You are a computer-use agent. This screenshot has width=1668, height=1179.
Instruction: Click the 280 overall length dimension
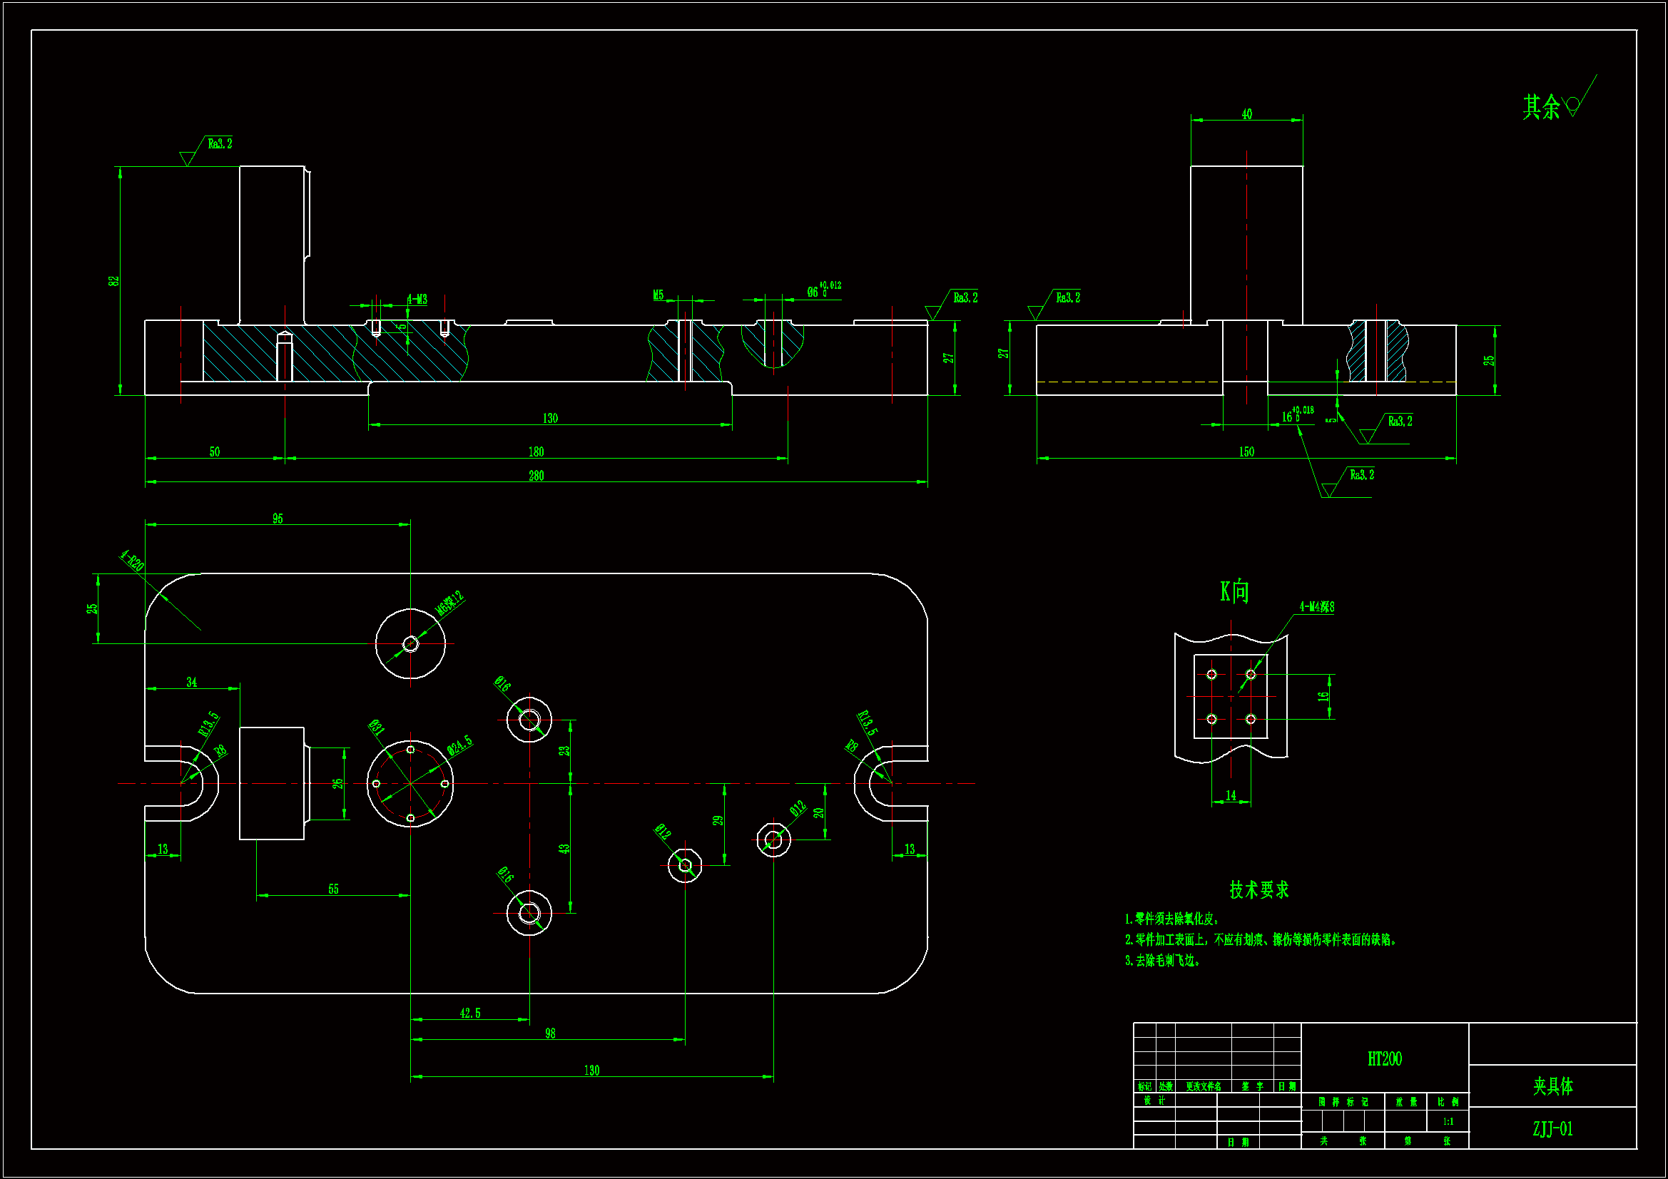pyautogui.click(x=536, y=476)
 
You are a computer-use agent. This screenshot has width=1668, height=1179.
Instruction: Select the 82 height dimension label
pyautogui.click(x=114, y=281)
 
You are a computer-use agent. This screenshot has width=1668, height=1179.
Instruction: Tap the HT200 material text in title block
pyautogui.click(x=1385, y=1059)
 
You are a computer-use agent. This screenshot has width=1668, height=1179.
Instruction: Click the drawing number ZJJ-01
pyautogui.click(x=1552, y=1129)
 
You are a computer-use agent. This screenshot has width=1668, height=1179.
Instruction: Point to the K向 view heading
pyautogui.click(x=1234, y=592)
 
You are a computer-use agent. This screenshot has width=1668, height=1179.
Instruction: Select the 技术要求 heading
pyautogui.click(x=1259, y=890)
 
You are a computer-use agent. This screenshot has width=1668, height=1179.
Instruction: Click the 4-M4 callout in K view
pyautogui.click(x=1316, y=606)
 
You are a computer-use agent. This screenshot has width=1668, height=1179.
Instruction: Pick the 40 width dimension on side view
pyautogui.click(x=1246, y=114)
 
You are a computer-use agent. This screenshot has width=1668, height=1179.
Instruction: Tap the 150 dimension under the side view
pyautogui.click(x=1246, y=451)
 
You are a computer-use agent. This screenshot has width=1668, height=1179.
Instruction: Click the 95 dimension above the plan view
pyautogui.click(x=278, y=519)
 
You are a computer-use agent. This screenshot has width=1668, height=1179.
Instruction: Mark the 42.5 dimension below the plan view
pyautogui.click(x=470, y=1014)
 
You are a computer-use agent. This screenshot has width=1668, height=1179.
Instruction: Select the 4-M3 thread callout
pyautogui.click(x=417, y=300)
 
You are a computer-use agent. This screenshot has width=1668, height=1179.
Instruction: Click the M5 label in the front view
pyautogui.click(x=658, y=295)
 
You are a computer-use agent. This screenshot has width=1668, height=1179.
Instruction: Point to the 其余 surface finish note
pyautogui.click(x=1542, y=107)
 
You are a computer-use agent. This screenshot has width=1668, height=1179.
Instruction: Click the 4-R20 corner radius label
pyautogui.click(x=132, y=561)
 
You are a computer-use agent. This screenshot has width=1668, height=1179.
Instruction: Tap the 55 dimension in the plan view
pyautogui.click(x=333, y=889)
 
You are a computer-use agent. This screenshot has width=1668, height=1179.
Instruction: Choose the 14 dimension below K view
pyautogui.click(x=1231, y=795)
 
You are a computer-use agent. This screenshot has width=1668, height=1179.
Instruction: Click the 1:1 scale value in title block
pyautogui.click(x=1448, y=1122)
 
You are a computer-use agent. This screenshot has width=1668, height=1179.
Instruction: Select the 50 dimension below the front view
pyautogui.click(x=214, y=451)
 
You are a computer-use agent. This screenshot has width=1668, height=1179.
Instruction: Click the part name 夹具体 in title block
pyautogui.click(x=1552, y=1086)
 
